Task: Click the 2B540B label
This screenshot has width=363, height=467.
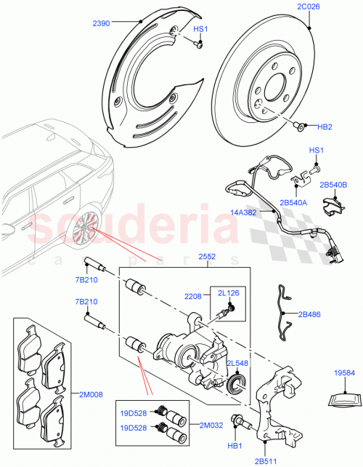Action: pos(334,185)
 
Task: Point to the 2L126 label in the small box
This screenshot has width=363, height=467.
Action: pos(228,292)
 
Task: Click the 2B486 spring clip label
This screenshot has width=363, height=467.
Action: pos(310,314)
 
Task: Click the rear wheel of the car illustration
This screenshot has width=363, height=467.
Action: pos(84,231)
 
